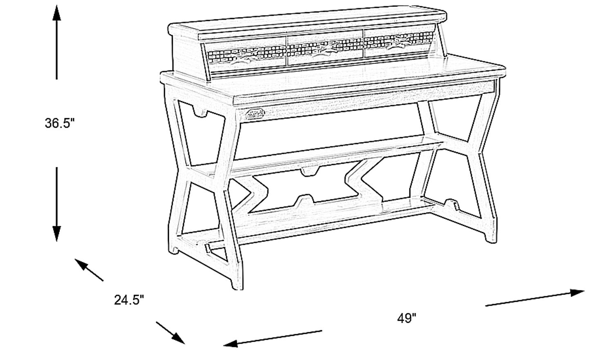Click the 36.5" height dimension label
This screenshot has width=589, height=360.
[x=60, y=123]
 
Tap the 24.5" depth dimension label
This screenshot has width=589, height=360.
[x=129, y=300]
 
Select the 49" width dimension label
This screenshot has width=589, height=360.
[x=407, y=318]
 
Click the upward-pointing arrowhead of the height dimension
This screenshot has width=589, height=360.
[x=56, y=12]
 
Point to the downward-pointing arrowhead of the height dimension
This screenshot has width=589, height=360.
[x=56, y=234]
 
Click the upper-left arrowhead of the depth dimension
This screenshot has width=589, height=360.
[x=81, y=264]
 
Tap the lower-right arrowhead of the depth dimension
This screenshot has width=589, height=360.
[x=178, y=338]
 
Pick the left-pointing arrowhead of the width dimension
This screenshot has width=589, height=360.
[x=231, y=343]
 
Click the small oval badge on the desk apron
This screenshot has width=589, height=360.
[x=255, y=114]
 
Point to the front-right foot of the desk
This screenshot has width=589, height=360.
[x=490, y=237]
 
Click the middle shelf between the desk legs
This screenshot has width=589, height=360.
[x=315, y=155]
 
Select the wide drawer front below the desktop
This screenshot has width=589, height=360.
[x=364, y=92]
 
